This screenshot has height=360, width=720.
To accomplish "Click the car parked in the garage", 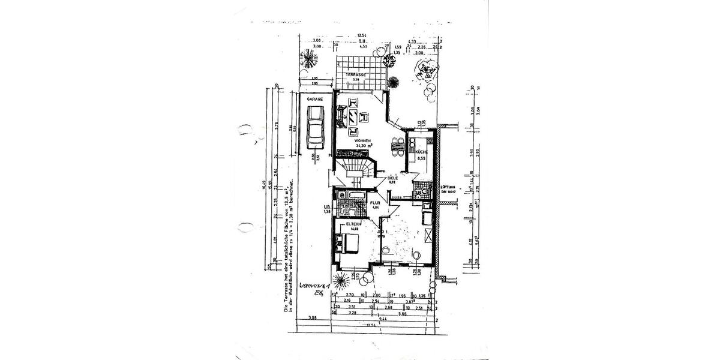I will (x=314, y=127).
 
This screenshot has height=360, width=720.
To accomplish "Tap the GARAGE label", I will (x=315, y=98).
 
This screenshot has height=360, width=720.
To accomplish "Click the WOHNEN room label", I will (x=362, y=140).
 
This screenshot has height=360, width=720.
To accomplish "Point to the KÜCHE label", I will (x=421, y=152).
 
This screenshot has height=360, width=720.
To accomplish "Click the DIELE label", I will (x=393, y=178).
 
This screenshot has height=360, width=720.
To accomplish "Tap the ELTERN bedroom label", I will (x=353, y=225).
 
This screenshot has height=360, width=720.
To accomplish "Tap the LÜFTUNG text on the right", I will (x=449, y=187).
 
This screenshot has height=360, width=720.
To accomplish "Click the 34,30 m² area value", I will (x=364, y=146).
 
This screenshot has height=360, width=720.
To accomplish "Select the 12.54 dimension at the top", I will (x=362, y=35).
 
